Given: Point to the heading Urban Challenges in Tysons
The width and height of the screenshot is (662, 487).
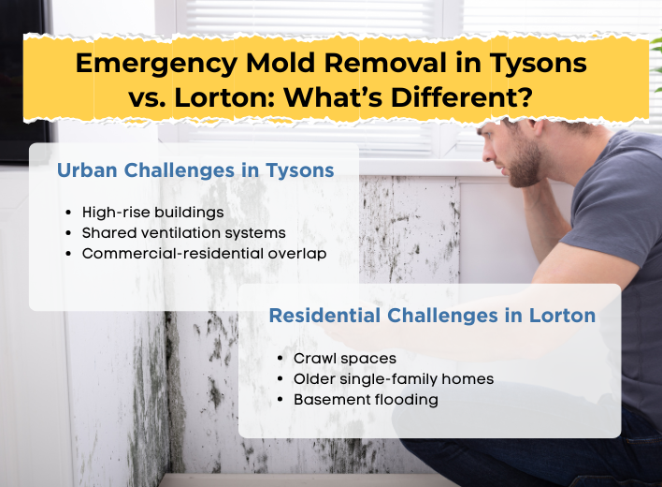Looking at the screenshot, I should click(195, 171).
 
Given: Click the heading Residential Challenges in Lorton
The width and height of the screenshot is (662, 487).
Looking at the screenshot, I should click(432, 316).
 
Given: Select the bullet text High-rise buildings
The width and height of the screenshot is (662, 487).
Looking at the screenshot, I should click(153, 213).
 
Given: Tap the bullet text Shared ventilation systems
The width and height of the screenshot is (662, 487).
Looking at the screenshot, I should click(184, 232).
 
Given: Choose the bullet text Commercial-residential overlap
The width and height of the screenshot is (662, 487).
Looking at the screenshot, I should click(205, 253).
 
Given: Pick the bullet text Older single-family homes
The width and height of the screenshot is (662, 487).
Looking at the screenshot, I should click(394, 378).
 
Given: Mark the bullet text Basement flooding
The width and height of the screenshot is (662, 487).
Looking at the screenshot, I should click(366, 399).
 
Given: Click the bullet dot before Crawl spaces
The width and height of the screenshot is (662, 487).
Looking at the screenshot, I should click(282, 359).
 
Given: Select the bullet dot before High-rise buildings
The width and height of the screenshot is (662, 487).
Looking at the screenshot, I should click(71, 214).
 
